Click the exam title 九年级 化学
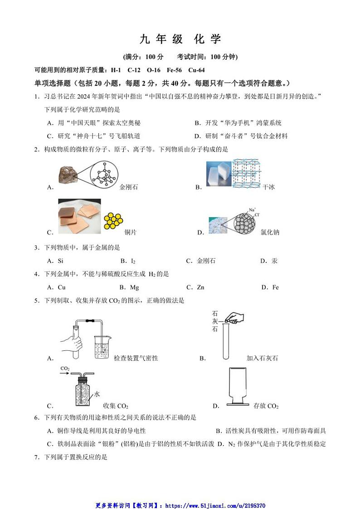coord(180,39)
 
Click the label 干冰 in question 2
coord(268,187)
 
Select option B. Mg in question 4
coord(129,287)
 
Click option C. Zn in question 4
coord(195,287)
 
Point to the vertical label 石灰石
coord(214,321)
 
